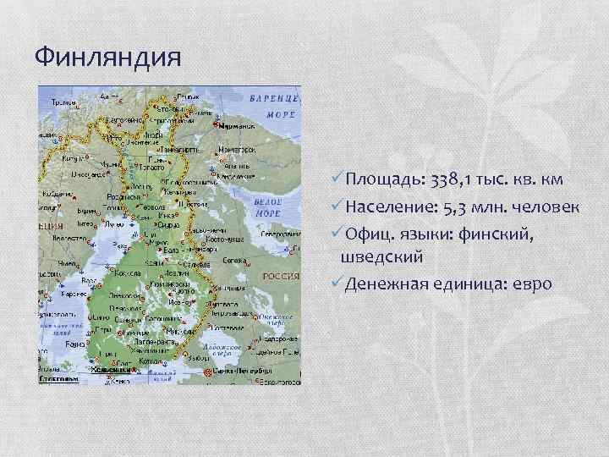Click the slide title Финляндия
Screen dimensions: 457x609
[x=108, y=57]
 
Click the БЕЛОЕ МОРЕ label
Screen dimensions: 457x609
[x=267, y=206]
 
